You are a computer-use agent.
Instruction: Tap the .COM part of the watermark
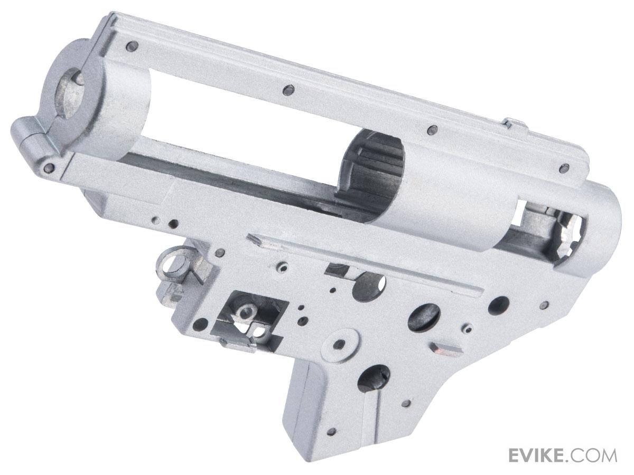click(595, 454)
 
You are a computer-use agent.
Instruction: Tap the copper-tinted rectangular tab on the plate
click(446, 349)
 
